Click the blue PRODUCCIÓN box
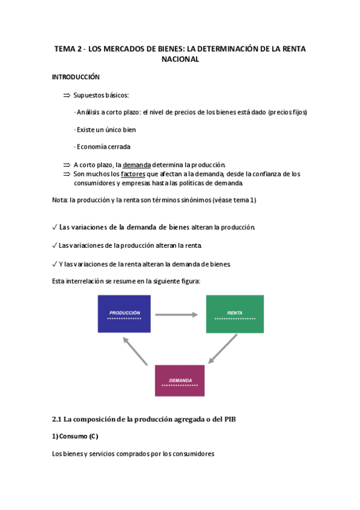124,313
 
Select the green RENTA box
234,313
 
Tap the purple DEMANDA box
180,381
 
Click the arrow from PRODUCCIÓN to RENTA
177,314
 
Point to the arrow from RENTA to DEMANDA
222,349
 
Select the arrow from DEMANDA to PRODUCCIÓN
135,350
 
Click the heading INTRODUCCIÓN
76,77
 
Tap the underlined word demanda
137,165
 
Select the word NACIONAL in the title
180,60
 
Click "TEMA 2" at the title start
67,49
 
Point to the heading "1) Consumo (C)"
75,436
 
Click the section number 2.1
58,419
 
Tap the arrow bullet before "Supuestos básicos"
66,95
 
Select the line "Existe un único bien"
105,129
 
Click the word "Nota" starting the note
60,200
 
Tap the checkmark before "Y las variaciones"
55,263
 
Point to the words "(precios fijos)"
287,112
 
